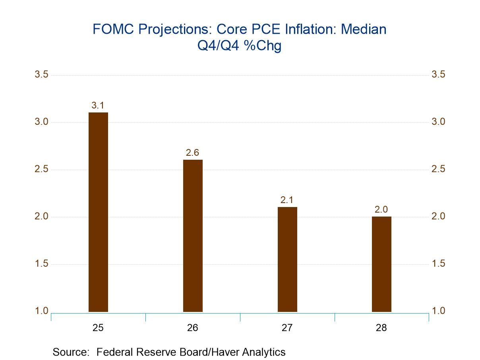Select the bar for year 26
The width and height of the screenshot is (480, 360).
pos(193,236)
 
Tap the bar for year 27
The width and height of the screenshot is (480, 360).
pos(287,259)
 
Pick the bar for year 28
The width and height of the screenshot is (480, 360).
pos(381,264)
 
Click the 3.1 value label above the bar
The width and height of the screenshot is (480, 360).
pos(98,106)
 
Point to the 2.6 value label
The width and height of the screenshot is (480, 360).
pos(192,153)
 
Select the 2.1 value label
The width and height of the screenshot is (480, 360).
pos(287,200)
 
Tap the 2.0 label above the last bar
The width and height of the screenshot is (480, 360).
pos(381,209)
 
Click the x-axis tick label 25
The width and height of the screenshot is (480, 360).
pos(98,328)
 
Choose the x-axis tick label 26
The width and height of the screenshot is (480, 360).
pos(193,328)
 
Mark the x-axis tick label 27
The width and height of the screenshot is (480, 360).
pos(287,328)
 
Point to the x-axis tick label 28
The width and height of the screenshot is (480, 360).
pos(381,328)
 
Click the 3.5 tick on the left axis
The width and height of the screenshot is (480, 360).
pos(41,75)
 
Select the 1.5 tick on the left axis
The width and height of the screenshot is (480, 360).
pos(41,264)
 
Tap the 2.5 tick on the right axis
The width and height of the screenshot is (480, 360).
pos(438,169)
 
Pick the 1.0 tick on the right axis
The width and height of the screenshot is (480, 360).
pos(438,311)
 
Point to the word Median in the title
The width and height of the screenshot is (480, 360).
pos(364,29)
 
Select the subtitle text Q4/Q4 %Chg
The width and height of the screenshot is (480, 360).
pos(240,46)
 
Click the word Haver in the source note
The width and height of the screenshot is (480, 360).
pos(222,352)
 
